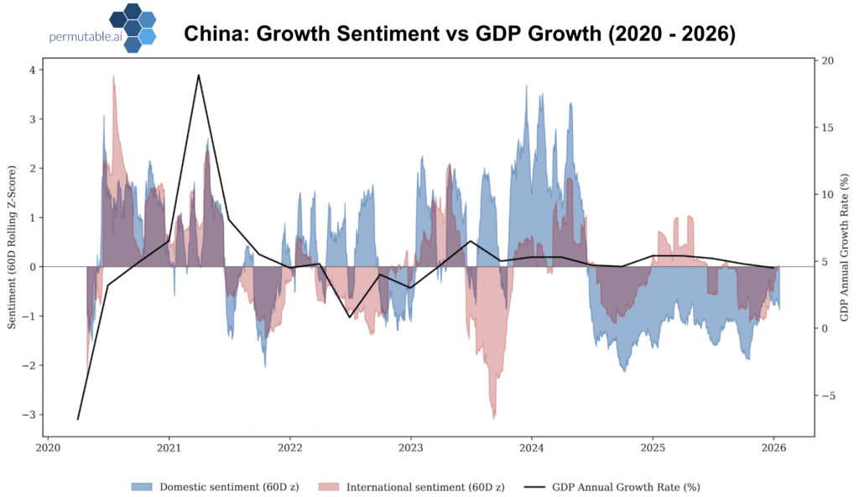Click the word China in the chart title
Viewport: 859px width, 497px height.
point(211,34)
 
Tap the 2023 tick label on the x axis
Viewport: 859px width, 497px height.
point(410,448)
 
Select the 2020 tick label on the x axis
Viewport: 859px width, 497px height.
point(48,448)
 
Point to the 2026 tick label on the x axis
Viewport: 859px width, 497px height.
point(773,448)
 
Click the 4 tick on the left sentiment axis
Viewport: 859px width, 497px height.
point(32,71)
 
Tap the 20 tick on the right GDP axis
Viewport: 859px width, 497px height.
point(827,60)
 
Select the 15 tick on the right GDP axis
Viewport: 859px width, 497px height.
point(827,128)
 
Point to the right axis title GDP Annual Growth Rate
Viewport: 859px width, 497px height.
point(845,248)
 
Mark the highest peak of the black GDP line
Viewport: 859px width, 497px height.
point(198,75)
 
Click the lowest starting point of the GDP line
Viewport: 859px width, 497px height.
point(78,419)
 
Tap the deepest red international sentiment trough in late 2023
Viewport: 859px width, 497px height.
point(494,417)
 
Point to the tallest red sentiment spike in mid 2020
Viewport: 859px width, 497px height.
point(113,76)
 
